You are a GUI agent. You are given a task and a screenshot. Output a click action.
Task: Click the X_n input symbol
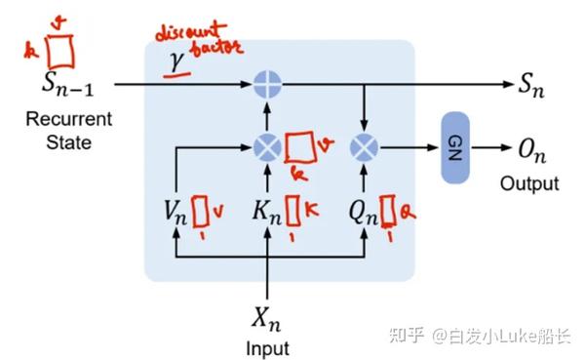pos(266,317)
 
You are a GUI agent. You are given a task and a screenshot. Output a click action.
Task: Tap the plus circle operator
pos(266,86)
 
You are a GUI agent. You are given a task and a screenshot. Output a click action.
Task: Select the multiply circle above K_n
pos(266,147)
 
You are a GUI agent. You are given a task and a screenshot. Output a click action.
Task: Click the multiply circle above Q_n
pos(364,147)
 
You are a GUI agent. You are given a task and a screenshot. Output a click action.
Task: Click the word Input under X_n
pos(266,347)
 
